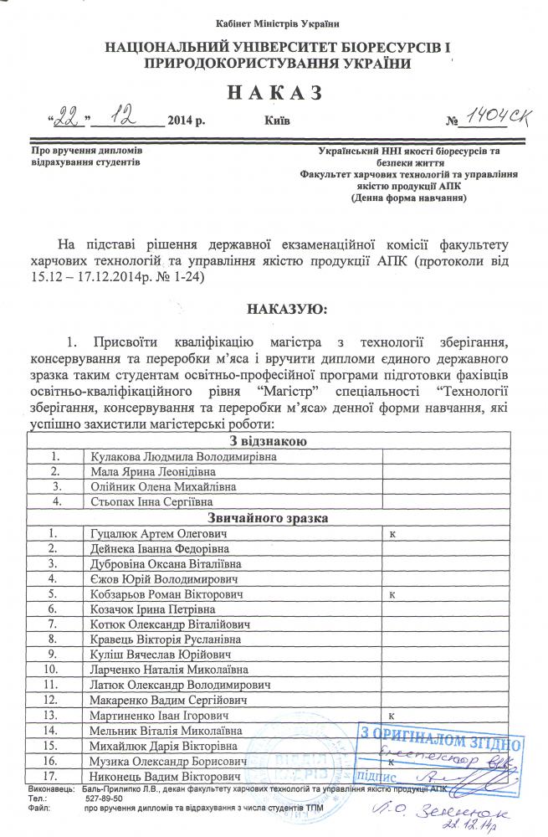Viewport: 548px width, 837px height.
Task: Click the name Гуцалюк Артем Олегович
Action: pos(155,533)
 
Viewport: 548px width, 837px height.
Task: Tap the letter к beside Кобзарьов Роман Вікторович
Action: pos(392,593)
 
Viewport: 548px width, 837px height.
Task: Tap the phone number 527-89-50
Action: pos(105,799)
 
